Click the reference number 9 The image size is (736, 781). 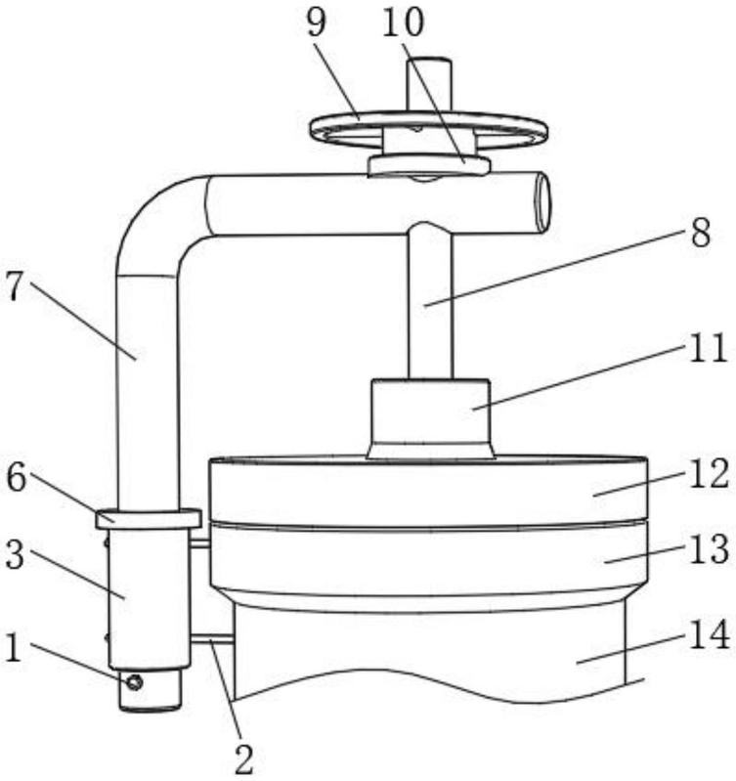315,22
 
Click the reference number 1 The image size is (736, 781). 13,645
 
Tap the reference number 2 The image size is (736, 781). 243,759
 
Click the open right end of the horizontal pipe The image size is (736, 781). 541,202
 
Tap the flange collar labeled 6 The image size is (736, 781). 148,518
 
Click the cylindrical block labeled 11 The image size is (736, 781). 429,416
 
